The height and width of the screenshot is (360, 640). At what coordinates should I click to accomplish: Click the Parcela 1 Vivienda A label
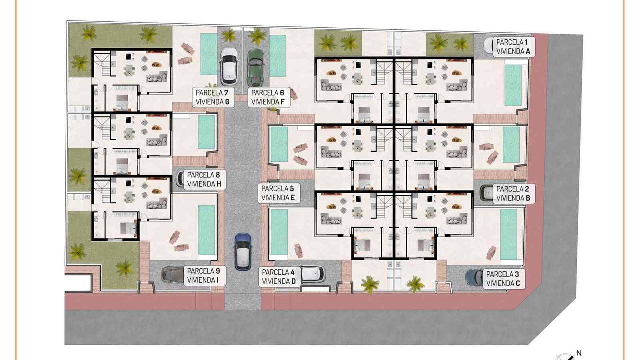(514, 47)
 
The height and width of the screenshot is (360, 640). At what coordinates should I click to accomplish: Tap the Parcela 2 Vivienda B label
(514, 193)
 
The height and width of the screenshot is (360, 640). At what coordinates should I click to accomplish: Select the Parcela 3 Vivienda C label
(504, 279)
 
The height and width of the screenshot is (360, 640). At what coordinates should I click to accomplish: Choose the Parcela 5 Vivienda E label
(279, 193)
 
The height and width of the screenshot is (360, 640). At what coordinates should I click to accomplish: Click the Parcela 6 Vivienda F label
(269, 97)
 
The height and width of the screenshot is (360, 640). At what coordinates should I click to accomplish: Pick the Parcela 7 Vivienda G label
(213, 97)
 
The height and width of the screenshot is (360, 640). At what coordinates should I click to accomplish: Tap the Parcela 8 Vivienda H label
(205, 179)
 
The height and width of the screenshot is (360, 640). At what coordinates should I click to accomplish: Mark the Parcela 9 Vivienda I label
(205, 276)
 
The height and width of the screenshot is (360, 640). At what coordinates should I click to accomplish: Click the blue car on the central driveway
(243, 252)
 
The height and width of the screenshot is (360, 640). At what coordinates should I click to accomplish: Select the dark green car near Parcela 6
(255, 67)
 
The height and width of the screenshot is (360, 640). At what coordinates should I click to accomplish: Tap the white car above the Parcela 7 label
(229, 66)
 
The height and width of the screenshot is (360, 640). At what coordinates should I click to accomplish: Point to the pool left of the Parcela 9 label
(206, 230)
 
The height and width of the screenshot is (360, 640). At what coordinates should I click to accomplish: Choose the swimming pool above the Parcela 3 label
(509, 234)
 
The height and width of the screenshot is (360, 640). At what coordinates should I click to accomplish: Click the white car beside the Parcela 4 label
(313, 274)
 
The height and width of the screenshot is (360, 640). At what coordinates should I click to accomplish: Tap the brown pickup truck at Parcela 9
(173, 275)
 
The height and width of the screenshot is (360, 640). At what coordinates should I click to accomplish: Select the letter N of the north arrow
(579, 353)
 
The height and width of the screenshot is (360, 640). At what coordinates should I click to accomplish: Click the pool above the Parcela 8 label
(206, 132)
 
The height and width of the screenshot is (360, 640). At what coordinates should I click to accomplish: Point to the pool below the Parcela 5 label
(279, 232)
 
